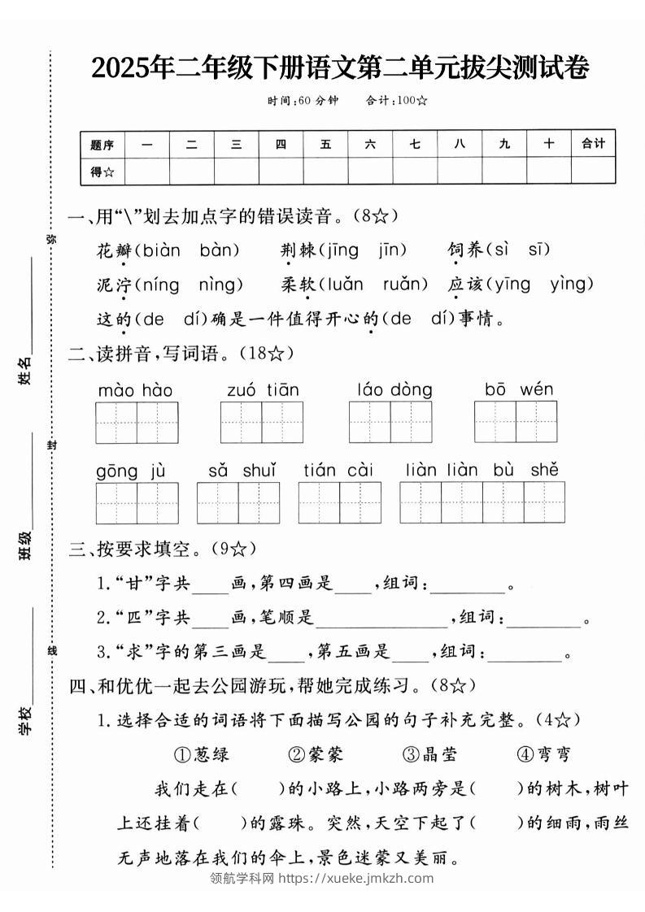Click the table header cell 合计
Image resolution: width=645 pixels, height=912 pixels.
(x=593, y=144)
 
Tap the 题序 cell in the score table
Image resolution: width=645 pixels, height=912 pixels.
(x=102, y=145)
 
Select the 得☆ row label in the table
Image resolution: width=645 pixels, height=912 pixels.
(x=102, y=171)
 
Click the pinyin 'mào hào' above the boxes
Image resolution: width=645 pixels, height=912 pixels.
(x=135, y=391)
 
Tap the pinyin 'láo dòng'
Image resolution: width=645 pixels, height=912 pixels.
(x=394, y=390)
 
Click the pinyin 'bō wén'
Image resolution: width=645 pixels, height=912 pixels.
(x=519, y=390)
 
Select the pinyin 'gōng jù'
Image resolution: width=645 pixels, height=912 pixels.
(x=131, y=471)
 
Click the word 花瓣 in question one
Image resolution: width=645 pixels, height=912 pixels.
(x=113, y=250)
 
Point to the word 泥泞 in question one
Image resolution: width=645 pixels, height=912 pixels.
(x=113, y=284)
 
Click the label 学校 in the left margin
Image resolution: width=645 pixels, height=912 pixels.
(x=26, y=720)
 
